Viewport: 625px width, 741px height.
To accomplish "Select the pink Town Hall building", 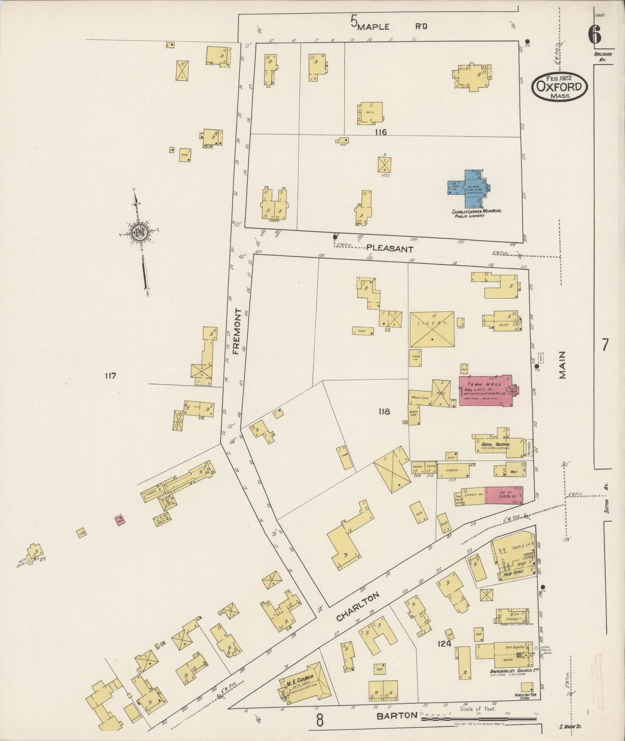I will pos(484,391).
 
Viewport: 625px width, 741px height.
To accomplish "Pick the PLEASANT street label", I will pos(389,249).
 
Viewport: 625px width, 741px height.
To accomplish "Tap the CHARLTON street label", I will pos(357,607).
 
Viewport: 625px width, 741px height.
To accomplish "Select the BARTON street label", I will pos(397,715).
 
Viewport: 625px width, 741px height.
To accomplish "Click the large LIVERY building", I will pos(432,329).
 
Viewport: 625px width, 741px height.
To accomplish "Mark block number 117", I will pos(110,376).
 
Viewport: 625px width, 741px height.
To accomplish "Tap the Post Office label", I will pos(513,572).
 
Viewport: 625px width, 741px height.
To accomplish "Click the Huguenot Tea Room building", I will pos(527,687).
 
